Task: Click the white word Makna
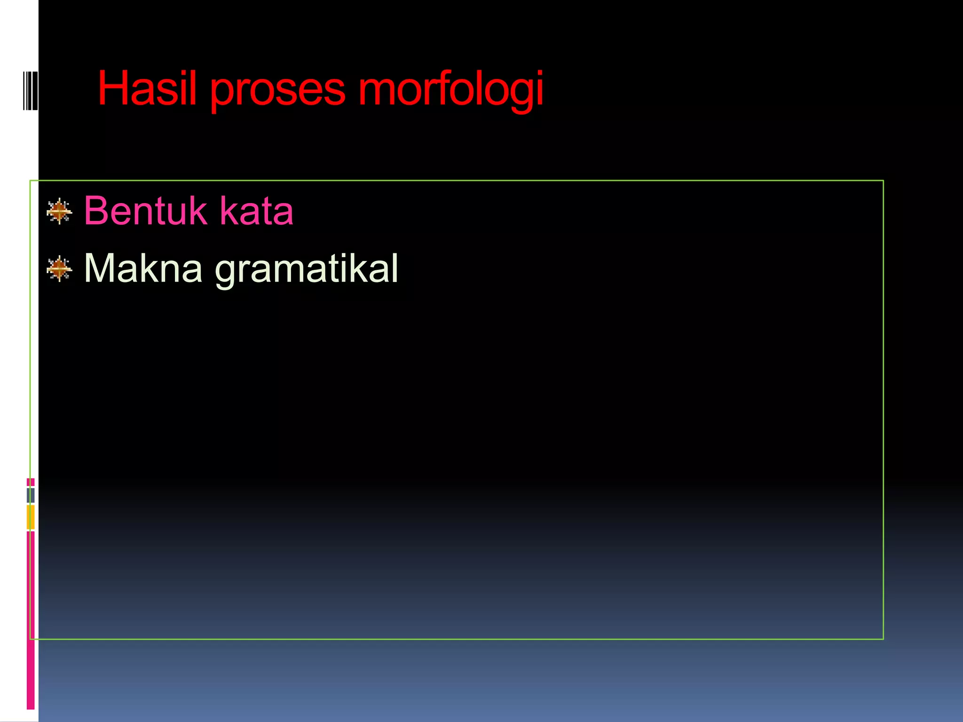[x=143, y=268]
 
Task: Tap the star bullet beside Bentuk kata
[x=60, y=212]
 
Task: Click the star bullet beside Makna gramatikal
[x=60, y=269]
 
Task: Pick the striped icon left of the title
[x=30, y=90]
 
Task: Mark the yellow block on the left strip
[x=31, y=517]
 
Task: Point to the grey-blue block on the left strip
[x=31, y=495]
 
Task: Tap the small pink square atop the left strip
[x=31, y=482]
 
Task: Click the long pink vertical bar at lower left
[x=31, y=620]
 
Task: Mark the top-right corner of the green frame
[x=883, y=180]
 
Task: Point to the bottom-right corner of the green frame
[x=883, y=639]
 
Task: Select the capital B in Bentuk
[x=96, y=211]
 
